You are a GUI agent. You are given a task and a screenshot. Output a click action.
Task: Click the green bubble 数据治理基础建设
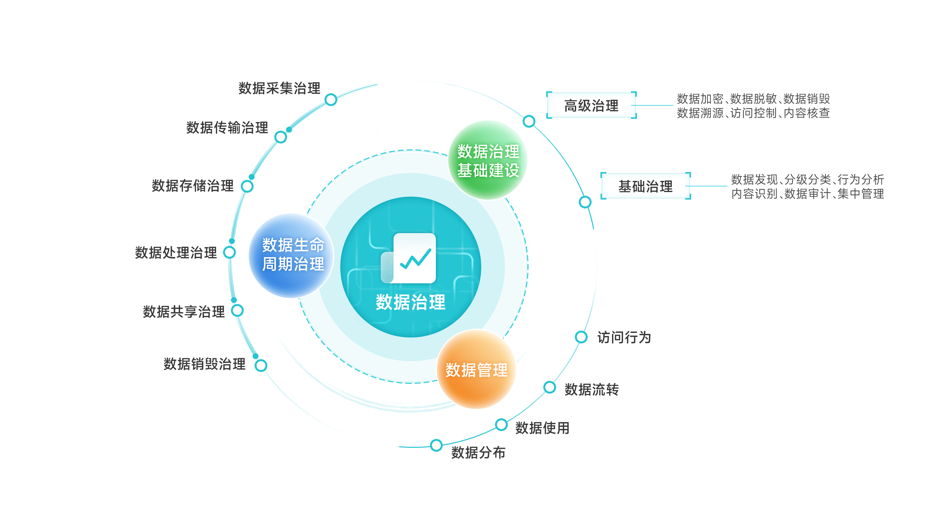click(488, 160)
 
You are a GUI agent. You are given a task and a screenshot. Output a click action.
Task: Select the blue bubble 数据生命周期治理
click(292, 255)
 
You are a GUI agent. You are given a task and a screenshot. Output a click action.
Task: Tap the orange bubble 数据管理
click(476, 369)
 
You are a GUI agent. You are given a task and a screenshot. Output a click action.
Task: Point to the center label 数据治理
click(410, 302)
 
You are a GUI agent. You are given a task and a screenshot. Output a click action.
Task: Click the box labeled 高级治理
click(591, 105)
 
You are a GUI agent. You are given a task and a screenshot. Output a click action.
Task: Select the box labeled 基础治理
click(645, 186)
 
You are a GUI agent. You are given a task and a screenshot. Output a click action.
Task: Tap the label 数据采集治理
click(279, 88)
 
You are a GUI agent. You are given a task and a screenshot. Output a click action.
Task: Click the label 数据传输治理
click(227, 128)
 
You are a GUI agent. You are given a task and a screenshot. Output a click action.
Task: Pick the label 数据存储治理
click(192, 186)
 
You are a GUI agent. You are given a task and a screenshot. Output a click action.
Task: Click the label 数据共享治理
click(183, 312)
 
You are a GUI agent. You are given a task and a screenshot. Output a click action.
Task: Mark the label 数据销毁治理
click(204, 364)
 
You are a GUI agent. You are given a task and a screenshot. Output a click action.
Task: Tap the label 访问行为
click(624, 337)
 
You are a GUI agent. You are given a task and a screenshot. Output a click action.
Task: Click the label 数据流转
click(591, 389)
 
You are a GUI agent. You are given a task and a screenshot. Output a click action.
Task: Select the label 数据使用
click(542, 428)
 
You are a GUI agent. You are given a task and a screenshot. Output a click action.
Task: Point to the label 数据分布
click(478, 453)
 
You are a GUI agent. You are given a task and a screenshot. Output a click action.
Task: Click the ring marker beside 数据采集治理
click(331, 99)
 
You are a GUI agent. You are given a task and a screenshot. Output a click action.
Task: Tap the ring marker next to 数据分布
click(436, 445)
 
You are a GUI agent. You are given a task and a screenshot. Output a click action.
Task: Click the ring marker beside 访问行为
click(581, 337)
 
